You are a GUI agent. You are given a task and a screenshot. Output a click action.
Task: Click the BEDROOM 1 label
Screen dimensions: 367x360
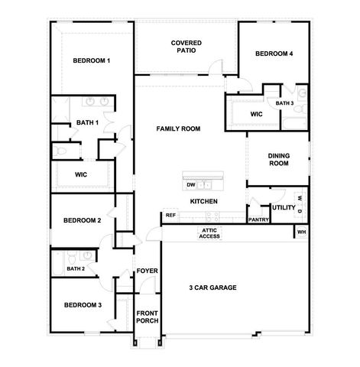92,60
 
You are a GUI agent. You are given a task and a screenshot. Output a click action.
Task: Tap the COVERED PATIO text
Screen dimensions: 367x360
186,47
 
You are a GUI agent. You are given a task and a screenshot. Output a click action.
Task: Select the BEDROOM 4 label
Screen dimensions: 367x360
274,54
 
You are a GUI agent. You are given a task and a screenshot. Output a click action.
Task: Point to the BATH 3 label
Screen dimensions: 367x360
284,103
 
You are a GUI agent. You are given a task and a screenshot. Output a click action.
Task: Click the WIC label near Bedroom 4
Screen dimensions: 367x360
258,115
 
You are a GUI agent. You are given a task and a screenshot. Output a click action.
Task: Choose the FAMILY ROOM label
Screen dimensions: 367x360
178,129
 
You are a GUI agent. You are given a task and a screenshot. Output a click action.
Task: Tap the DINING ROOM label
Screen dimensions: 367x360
278,159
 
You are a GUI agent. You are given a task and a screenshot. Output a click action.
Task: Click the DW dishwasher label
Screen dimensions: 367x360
190,184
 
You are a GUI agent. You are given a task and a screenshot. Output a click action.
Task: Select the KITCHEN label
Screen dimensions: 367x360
205,201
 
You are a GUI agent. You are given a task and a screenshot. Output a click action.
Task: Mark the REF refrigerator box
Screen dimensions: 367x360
170,216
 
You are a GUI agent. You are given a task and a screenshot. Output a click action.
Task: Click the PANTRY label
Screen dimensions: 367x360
258,219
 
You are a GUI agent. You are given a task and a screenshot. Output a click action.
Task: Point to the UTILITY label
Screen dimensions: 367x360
283,207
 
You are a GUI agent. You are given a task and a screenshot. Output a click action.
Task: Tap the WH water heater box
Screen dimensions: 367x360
301,232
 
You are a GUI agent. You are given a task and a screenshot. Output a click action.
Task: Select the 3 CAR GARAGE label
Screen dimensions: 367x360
212,287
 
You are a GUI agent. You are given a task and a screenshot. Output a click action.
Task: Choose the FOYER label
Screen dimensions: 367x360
147,271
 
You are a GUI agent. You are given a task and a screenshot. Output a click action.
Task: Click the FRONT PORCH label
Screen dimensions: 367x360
147,317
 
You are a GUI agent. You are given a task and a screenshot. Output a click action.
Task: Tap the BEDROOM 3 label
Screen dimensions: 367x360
82,304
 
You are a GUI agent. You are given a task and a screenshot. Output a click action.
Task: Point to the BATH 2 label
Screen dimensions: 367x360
75,268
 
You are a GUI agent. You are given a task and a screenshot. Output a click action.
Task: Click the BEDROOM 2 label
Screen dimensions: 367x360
82,220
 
